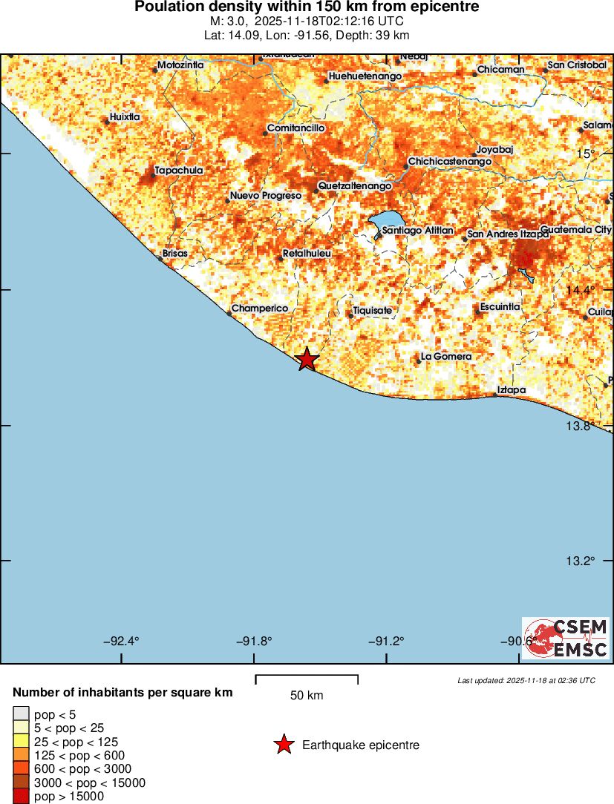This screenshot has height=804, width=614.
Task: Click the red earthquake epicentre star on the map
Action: [x=307, y=360]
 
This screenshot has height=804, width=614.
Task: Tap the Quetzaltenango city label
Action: [x=354, y=185]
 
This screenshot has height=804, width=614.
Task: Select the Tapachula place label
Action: [x=178, y=171]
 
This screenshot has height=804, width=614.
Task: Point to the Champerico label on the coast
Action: [x=260, y=309]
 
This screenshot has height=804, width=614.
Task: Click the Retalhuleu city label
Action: [x=307, y=254]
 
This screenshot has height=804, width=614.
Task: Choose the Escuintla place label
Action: [x=500, y=307]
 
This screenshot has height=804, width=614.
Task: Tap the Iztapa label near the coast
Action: [x=512, y=390]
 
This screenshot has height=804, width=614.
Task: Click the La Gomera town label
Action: [x=445, y=357]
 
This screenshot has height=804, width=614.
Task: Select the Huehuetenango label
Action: [x=365, y=76]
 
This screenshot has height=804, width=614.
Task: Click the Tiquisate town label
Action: [x=372, y=311]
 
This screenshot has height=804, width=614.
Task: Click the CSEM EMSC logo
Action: [x=565, y=639]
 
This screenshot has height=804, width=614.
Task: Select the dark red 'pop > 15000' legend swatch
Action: [x=20, y=796]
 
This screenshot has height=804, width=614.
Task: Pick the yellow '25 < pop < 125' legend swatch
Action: [x=20, y=742]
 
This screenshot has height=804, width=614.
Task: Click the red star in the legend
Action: [x=284, y=745]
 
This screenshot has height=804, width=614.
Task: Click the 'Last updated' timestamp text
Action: [x=526, y=680]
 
